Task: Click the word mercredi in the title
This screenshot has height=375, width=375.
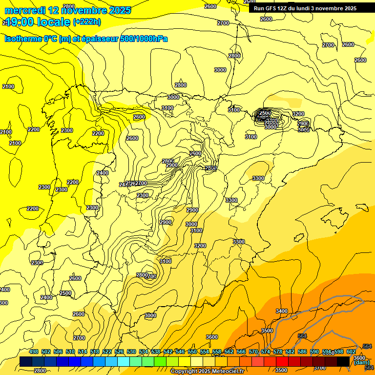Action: pos(24,10)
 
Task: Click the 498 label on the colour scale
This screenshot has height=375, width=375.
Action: pos(34,352)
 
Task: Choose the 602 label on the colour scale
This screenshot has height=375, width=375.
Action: pos(351,352)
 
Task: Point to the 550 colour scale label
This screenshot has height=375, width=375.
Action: pos(192,352)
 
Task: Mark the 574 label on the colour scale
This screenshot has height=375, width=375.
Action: pos(266,352)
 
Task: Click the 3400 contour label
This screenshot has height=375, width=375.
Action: pos(281,311)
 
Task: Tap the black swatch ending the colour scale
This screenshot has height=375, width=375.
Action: pos(344,362)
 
